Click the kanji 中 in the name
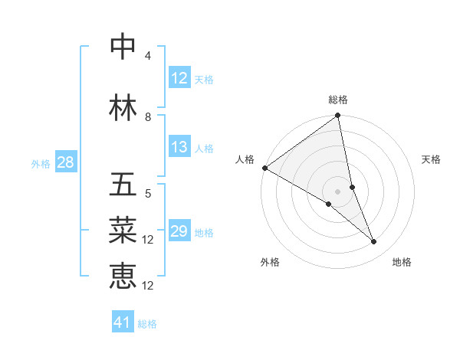coord(123,47)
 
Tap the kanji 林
coord(123,108)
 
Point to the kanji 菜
coord(123,231)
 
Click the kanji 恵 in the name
coord(123,277)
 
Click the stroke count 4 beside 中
coord(148,56)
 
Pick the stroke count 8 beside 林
coord(148,117)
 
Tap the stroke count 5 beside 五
coord(148,194)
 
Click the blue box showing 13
coord(179,147)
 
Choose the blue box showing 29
coord(179,231)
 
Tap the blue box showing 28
coord(64,162)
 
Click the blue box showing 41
coord(123,322)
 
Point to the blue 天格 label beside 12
coord(204,79)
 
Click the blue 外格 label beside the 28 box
coord(41,163)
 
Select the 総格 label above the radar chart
coord(338,100)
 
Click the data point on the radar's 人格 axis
coord(264,168)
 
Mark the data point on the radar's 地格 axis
coord(374,242)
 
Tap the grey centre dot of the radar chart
coord(338,191)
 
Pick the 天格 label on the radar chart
coord(432,159)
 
